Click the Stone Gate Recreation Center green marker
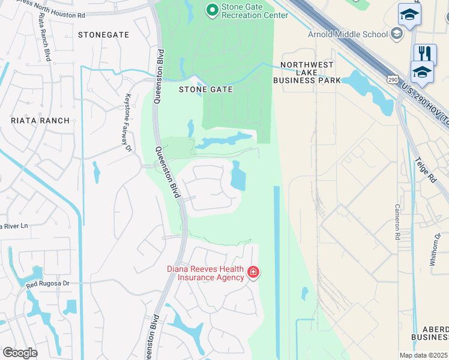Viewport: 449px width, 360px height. [211, 10]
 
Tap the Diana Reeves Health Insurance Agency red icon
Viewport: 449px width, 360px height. [253, 273]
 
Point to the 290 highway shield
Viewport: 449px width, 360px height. [393, 79]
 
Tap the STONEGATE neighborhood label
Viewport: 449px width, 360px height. [104, 35]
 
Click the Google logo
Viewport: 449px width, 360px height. [20, 353]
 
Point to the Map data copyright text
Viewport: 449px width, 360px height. [424, 355]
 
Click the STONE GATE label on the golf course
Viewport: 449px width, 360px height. [206, 89]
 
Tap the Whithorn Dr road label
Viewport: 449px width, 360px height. [437, 246]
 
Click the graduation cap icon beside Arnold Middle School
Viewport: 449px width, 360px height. [397, 34]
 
